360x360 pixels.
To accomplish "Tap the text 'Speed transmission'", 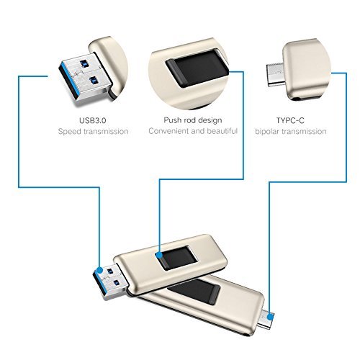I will coord(94,132).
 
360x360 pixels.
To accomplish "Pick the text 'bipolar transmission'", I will coord(289,132).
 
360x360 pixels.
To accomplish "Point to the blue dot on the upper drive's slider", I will coord(158,253).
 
